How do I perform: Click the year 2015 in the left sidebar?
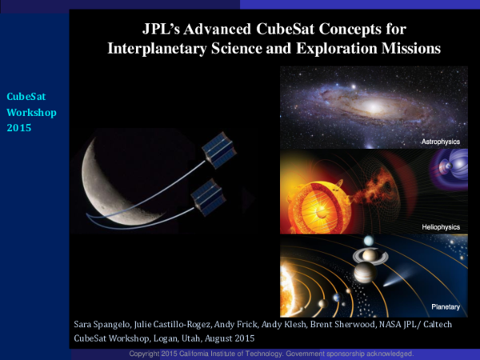click(x=18, y=127)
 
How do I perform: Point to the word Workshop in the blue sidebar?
click(x=31, y=112)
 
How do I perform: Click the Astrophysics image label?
click(x=440, y=142)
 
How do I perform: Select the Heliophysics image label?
click(x=441, y=227)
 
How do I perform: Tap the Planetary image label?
click(x=446, y=306)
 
